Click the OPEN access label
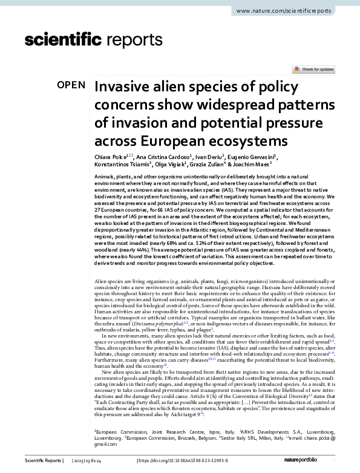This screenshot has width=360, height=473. tap(71, 85)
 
